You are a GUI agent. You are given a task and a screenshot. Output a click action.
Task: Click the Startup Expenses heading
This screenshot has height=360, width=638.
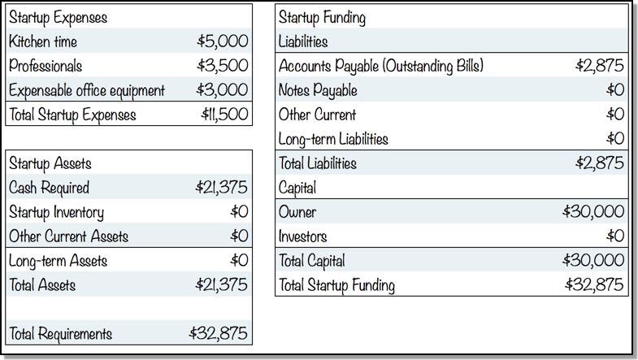[x=59, y=18]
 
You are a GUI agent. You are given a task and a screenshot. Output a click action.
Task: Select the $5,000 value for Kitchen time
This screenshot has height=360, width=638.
[x=222, y=41]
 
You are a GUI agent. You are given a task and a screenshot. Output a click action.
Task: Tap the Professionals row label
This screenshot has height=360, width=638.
[x=46, y=66]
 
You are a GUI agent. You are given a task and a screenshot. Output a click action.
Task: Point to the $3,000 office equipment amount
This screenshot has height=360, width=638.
[x=222, y=89]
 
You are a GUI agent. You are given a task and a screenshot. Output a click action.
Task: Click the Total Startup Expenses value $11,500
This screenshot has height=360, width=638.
[x=224, y=114]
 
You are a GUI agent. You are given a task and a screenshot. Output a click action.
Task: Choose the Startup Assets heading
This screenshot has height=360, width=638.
[x=50, y=163]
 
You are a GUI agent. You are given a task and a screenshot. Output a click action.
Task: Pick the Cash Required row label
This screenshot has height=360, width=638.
[x=49, y=188]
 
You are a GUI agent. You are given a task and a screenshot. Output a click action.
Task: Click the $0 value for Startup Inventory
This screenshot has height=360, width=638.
[x=239, y=211]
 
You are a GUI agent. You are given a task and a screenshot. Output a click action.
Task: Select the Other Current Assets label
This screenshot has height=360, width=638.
[x=69, y=236]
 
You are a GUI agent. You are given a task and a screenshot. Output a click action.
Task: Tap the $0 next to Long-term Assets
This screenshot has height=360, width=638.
[x=239, y=260]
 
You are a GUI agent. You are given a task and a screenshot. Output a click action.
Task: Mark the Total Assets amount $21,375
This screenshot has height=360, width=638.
[x=221, y=284]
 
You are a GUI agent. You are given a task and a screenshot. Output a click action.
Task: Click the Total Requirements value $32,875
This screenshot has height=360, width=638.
[x=218, y=333]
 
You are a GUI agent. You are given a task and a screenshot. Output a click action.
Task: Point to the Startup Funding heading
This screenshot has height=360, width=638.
[x=322, y=18]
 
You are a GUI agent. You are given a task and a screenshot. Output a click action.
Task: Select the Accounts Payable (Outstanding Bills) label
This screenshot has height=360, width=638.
[x=381, y=66]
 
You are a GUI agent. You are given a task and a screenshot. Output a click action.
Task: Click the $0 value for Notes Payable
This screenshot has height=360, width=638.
[x=614, y=89]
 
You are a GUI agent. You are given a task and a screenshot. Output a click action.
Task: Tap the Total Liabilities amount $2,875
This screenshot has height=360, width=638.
[x=599, y=163]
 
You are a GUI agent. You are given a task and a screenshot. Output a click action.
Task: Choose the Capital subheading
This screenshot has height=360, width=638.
[x=297, y=188]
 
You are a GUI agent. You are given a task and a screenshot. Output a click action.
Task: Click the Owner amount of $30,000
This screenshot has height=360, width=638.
[x=593, y=211]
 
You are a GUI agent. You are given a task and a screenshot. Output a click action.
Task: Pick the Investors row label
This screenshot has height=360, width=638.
[x=302, y=236]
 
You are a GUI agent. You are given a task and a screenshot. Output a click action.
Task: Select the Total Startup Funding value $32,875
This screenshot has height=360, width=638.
[x=594, y=284]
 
